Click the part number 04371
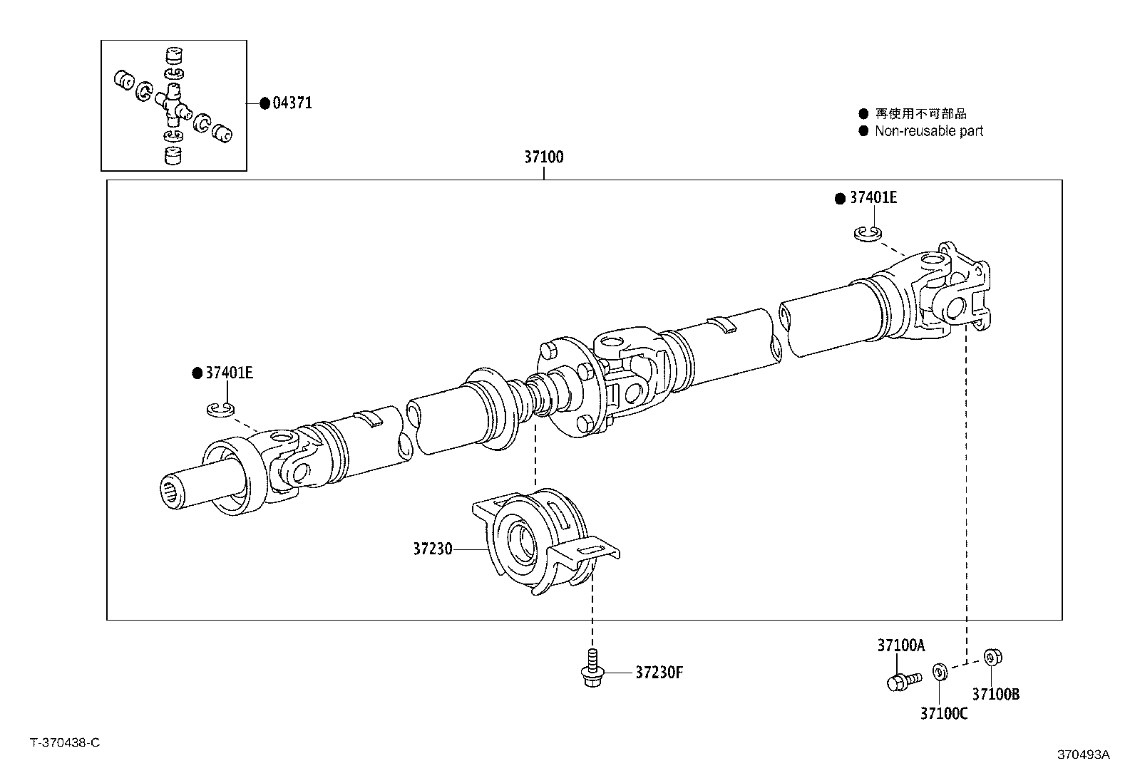click(292, 103)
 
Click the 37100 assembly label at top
click(544, 157)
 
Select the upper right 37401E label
click(873, 198)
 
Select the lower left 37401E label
click(229, 373)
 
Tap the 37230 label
click(432, 549)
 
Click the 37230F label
click(659, 672)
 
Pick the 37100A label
click(900, 645)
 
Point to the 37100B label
click(995, 694)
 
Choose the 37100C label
click(943, 713)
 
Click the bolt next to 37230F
click(591, 670)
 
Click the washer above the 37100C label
click(940, 671)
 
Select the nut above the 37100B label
click(991, 657)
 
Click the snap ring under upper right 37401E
click(868, 233)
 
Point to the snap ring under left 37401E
click(220, 409)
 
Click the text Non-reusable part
click(928, 131)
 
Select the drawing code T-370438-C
click(65, 742)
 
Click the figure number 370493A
click(1083, 755)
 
